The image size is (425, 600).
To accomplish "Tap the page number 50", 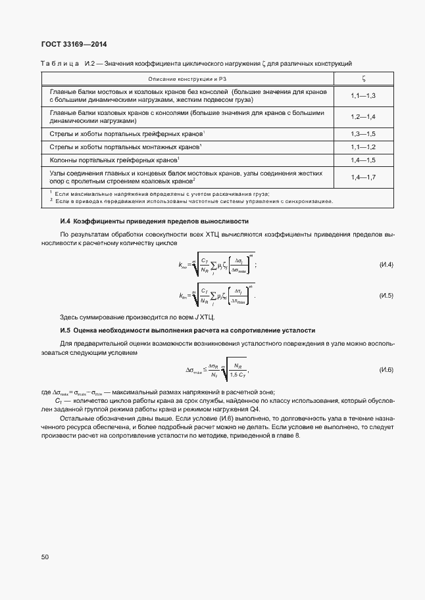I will [x=45, y=557].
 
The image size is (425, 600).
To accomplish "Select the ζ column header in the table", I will [x=363, y=79].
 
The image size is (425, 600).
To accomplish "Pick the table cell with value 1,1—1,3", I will [x=363, y=97].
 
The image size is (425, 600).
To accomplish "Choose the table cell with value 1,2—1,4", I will [x=363, y=116].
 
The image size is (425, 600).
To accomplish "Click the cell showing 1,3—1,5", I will [x=363, y=133].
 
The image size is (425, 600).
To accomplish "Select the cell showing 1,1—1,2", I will [x=363, y=147].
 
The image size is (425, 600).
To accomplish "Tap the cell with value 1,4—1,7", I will [x=363, y=177].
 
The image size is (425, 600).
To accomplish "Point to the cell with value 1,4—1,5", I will [x=363, y=160].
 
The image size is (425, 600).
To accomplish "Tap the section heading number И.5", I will [x=65, y=330].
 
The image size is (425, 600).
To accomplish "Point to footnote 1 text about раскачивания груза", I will [x=161, y=194].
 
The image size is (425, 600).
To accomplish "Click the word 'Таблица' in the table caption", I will [x=60, y=64].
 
